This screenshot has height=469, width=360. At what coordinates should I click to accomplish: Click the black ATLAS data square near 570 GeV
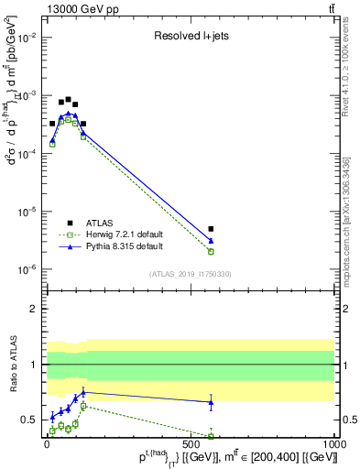(211, 229)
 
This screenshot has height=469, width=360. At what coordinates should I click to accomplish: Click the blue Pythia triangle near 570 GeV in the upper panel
(211, 241)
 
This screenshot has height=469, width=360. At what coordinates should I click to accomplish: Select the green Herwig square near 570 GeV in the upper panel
(211, 251)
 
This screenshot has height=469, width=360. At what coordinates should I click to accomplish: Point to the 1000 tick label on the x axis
(333, 442)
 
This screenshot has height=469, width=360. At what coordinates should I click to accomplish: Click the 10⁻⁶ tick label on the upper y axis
(27, 269)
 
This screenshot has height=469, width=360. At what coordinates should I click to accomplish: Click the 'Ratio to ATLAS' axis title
(12, 365)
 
